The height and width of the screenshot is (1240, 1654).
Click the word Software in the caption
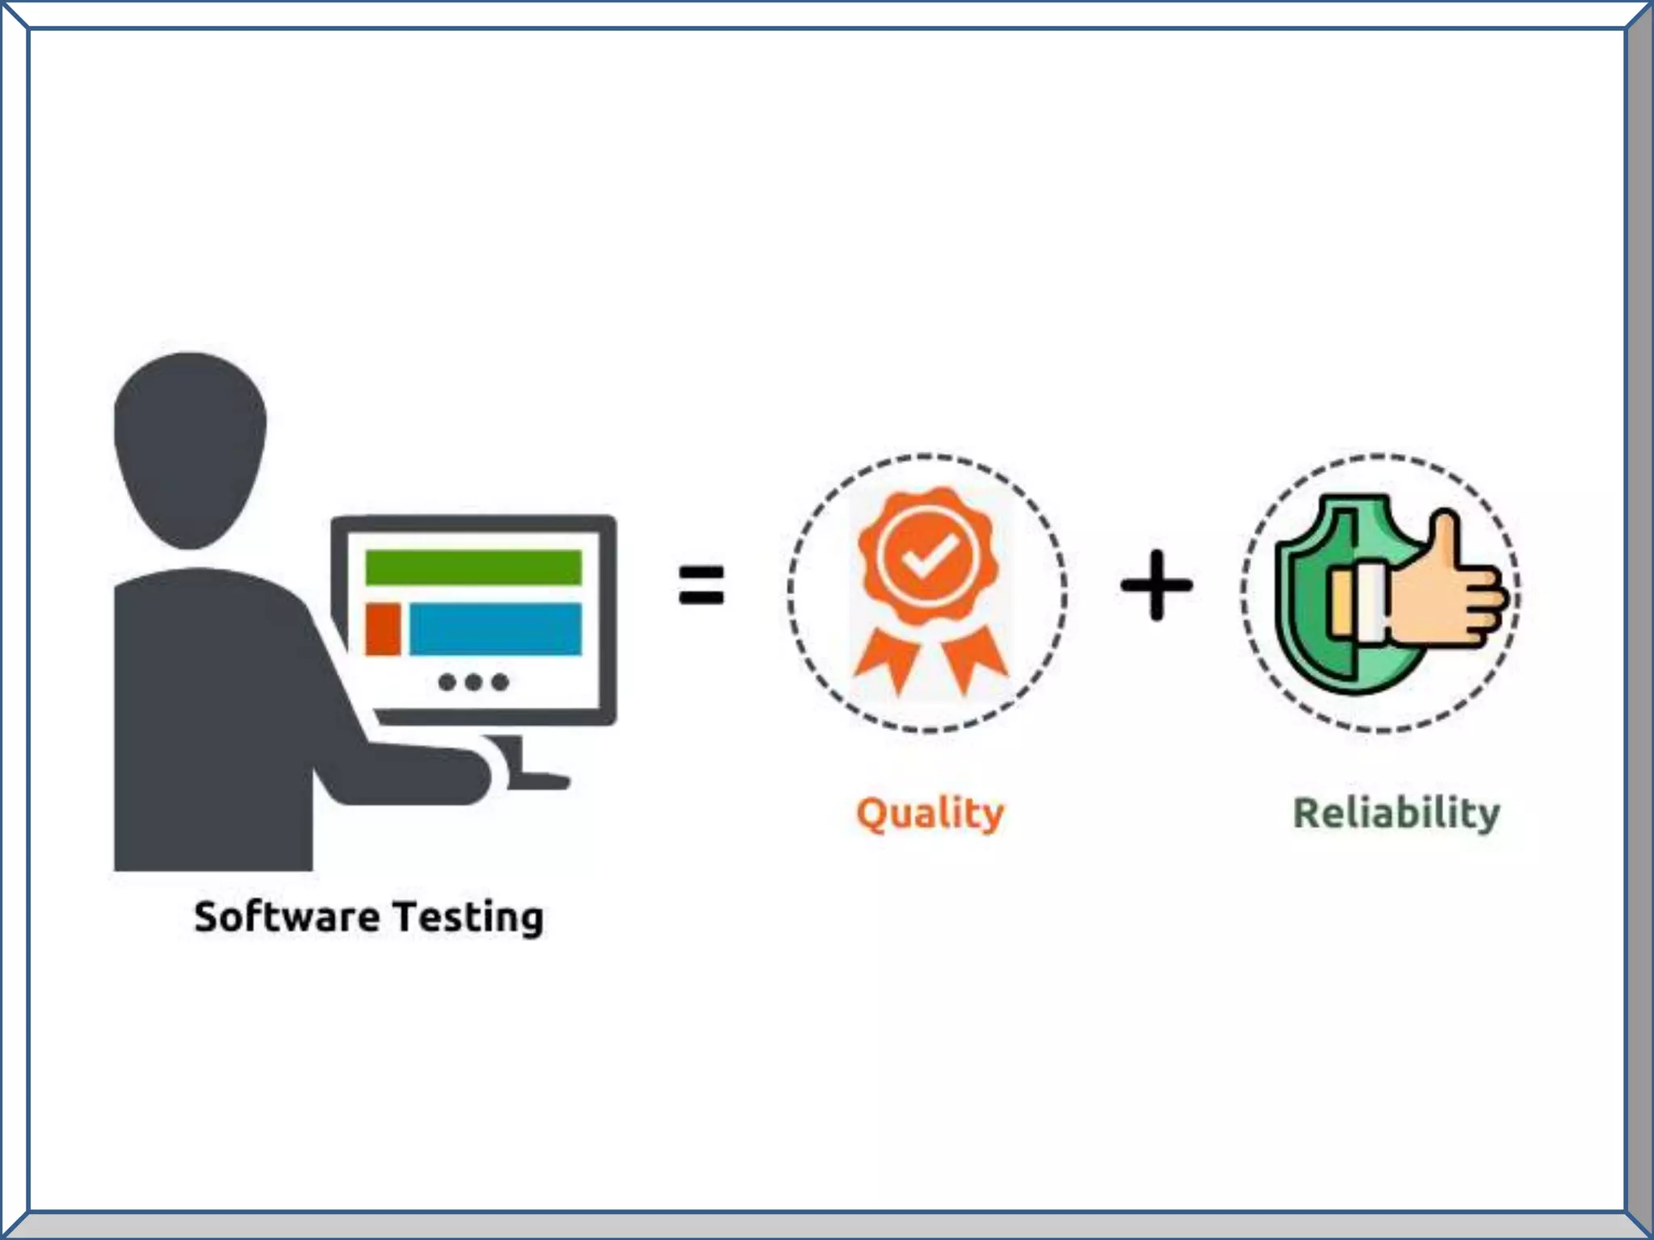pos(287,917)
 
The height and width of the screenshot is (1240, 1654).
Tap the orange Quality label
pos(930,814)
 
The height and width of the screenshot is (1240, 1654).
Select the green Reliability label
pos(1396,813)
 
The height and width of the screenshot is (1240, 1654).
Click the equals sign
pos(701,585)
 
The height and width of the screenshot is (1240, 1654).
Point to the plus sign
pos(1157,585)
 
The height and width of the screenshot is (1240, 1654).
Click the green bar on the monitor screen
pos(473,567)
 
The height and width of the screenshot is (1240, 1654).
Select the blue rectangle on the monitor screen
pos(495,629)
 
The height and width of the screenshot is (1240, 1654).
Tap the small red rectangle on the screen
pos(383,629)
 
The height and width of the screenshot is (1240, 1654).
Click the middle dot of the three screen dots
pos(474,682)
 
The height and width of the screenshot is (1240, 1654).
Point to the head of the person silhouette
pos(191,449)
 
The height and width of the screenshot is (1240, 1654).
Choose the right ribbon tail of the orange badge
pos(972,659)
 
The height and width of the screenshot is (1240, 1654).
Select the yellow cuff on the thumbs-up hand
pos(1341,601)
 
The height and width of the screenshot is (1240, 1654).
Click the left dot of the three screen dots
pos(447,682)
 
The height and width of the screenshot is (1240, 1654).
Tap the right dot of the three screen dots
pos(501,682)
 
